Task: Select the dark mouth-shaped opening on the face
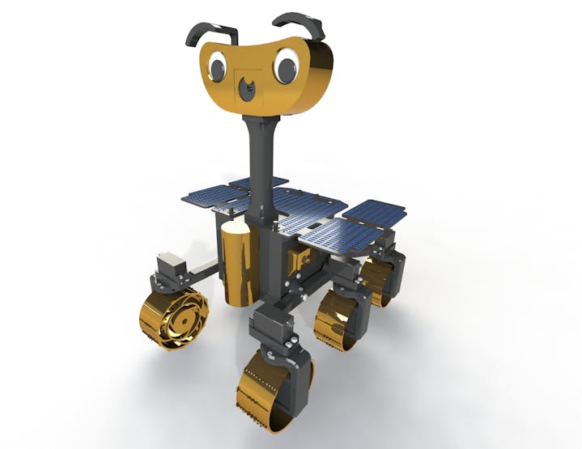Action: (249, 87)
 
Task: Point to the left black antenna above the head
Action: (212, 32)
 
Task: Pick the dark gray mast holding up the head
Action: (261, 162)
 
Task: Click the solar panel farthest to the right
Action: (376, 211)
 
